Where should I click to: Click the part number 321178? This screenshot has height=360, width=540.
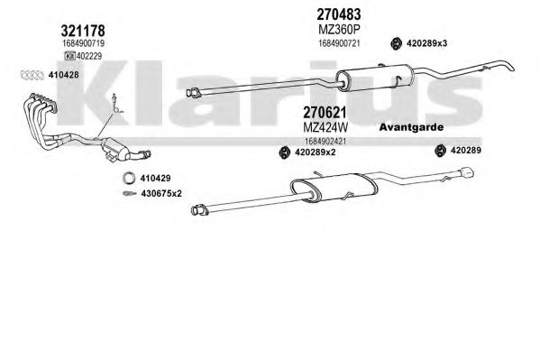tap(83, 31)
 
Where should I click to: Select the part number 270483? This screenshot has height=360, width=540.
tap(339, 14)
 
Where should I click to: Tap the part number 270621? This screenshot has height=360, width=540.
tap(325, 113)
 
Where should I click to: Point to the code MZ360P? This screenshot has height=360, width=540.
tap(339, 30)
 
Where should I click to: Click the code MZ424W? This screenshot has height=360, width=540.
tap(325, 127)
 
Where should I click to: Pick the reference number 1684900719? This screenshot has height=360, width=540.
tap(83, 44)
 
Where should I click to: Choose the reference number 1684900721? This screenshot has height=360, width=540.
tap(339, 43)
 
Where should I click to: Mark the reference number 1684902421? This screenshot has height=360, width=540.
tap(325, 142)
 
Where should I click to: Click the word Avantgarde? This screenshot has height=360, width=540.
tap(411, 127)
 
